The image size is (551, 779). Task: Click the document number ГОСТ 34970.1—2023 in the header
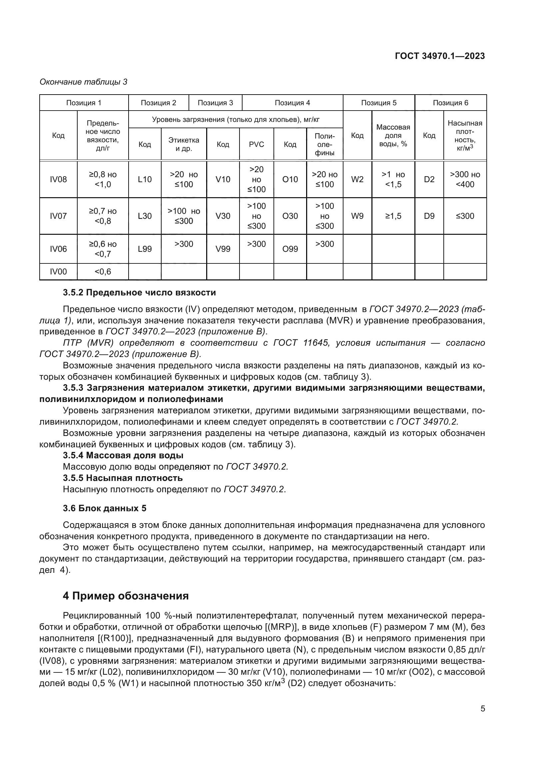pyautogui.click(x=440, y=56)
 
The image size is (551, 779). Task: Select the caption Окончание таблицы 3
pyautogui.click(x=84, y=82)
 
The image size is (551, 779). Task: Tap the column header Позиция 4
pyautogui.click(x=292, y=103)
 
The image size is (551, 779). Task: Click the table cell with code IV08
pyautogui.click(x=58, y=180)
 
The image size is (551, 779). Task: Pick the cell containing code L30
pyautogui.click(x=145, y=216)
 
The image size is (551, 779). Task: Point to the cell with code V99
pyautogui.click(x=223, y=249)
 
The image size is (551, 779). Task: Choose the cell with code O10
pyautogui.click(x=290, y=180)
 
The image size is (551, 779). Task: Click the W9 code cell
pyautogui.click(x=357, y=216)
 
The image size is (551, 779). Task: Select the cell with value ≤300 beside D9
pyautogui.click(x=465, y=216)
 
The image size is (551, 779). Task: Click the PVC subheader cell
pyautogui.click(x=257, y=145)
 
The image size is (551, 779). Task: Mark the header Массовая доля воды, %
pyautogui.click(x=393, y=135)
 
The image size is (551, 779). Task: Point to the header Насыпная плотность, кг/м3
pyautogui.click(x=465, y=135)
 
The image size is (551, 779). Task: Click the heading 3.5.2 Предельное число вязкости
pyautogui.click(x=140, y=292)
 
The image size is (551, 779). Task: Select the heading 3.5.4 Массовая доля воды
pyautogui.click(x=123, y=455)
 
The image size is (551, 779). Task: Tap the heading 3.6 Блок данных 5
pyautogui.click(x=105, y=508)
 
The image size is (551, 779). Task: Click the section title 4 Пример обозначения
pyautogui.click(x=126, y=596)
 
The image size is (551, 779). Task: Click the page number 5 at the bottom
pyautogui.click(x=483, y=709)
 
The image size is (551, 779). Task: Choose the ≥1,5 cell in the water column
pyautogui.click(x=393, y=216)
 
